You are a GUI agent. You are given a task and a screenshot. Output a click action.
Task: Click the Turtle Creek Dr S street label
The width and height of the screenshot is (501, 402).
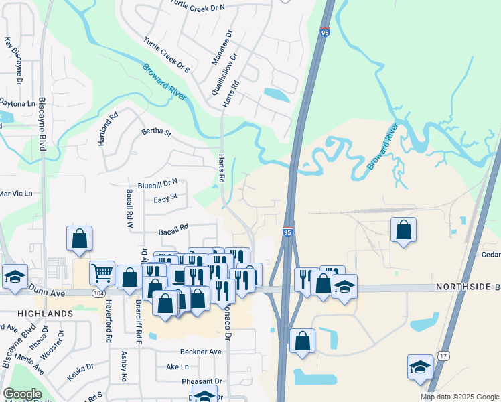click(166, 55)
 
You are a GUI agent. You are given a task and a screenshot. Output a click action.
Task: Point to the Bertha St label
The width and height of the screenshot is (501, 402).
click(157, 133)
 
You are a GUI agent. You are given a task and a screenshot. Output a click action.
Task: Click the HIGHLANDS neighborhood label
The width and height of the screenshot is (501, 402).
click(46, 314)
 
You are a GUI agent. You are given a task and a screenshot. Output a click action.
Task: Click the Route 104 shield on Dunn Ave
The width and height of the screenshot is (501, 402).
click(99, 293)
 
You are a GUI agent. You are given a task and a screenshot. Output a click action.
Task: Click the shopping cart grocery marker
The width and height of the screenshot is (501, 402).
click(102, 272)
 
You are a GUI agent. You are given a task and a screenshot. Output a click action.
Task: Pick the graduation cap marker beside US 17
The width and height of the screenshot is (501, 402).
click(420, 366)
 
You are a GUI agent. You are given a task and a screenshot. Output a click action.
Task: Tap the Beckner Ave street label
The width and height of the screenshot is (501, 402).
click(200, 352)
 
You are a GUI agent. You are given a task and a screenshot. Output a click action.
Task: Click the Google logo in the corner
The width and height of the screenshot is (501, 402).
click(22, 394)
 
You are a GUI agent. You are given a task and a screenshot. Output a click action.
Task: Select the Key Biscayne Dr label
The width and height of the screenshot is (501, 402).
click(13, 60)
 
